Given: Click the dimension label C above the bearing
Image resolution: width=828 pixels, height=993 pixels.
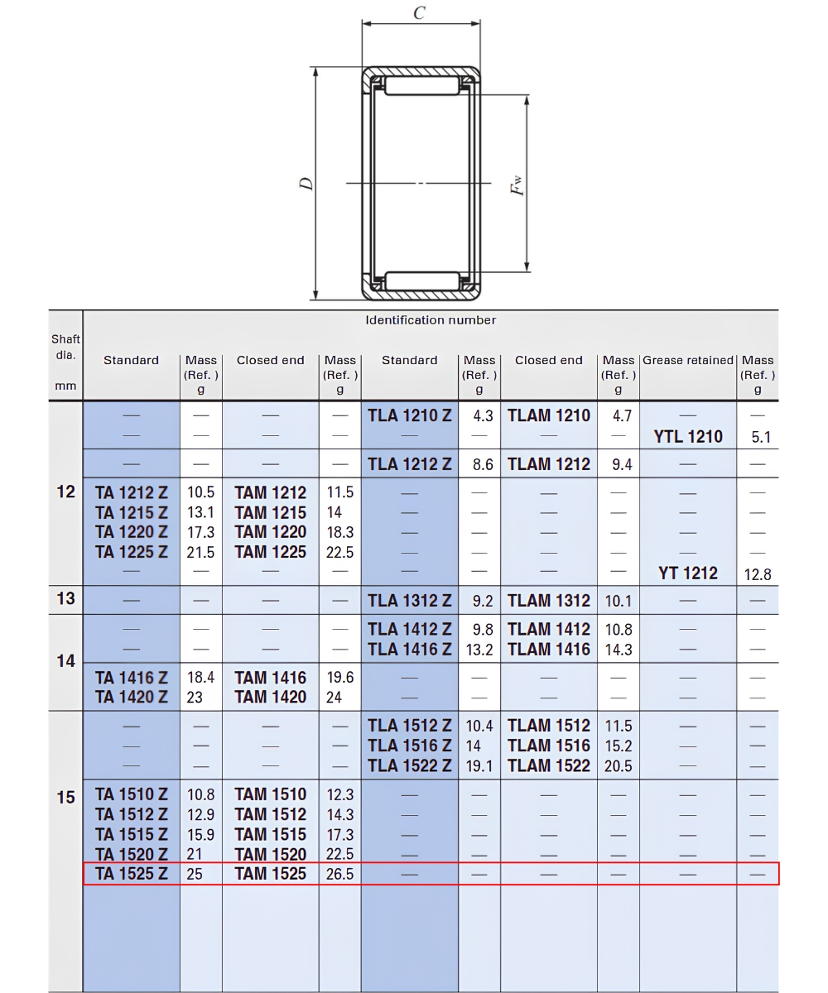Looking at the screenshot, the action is (x=419, y=13).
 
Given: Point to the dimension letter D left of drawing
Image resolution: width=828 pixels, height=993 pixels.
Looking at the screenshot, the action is (x=307, y=184).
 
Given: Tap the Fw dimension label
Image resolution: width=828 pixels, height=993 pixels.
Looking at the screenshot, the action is (x=517, y=185).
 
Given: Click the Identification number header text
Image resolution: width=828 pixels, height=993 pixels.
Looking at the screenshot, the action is (x=431, y=320).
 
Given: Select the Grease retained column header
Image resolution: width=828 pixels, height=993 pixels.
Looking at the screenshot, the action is (x=688, y=360).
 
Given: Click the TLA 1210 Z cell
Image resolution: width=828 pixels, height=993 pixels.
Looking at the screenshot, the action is (x=409, y=415).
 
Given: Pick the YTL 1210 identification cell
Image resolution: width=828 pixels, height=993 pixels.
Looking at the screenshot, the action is (x=688, y=437).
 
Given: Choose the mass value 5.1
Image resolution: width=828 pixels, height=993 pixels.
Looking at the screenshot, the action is (x=761, y=437).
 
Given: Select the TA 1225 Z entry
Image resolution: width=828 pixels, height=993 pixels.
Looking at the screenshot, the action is (x=132, y=552).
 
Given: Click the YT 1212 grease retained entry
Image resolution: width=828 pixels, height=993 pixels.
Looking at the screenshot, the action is (x=688, y=573).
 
